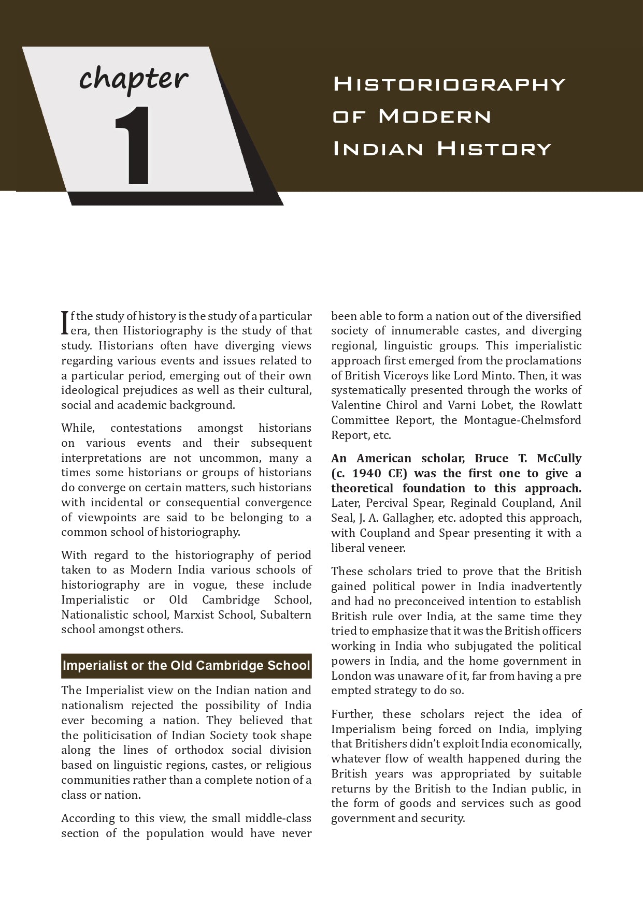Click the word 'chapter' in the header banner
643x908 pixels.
click(134, 79)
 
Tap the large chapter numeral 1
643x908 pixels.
click(132, 145)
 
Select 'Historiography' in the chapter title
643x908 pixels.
click(449, 84)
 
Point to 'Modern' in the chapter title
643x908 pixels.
click(435, 116)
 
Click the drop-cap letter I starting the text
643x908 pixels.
click(65, 322)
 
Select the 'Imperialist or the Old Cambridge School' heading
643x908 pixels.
click(186, 665)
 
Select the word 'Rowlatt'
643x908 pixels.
click(561, 405)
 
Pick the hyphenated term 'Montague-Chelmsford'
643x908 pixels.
click(522, 420)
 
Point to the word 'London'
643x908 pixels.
click(351, 676)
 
